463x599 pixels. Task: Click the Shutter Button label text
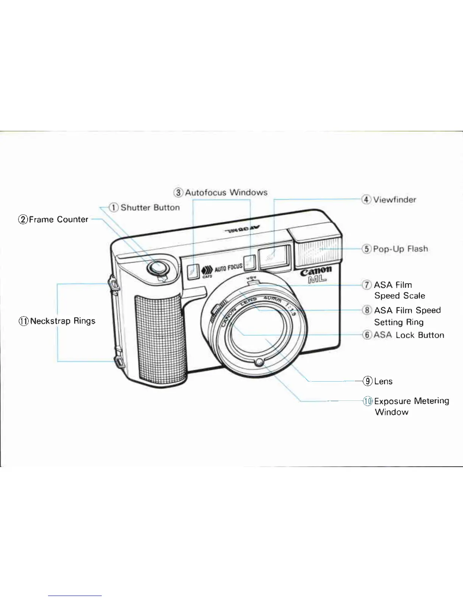pyautogui.click(x=150, y=208)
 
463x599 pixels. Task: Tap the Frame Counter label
pyautogui.click(x=58, y=220)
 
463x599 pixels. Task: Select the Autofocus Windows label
pyautogui.click(x=226, y=192)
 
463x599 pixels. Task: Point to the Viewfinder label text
pyautogui.click(x=395, y=200)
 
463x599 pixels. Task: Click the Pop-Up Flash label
pyautogui.click(x=400, y=249)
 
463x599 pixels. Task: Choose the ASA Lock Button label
pyautogui.click(x=409, y=335)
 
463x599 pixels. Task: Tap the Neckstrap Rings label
pyautogui.click(x=62, y=321)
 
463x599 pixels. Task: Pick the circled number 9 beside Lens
pyautogui.click(x=367, y=381)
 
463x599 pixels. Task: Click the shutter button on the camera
pyautogui.click(x=158, y=267)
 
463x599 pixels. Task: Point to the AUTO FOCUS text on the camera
pyautogui.click(x=228, y=268)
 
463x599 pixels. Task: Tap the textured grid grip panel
pyautogui.click(x=159, y=337)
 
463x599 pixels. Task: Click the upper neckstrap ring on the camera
pyautogui.click(x=114, y=284)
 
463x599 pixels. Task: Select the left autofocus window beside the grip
pyautogui.click(x=193, y=271)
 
